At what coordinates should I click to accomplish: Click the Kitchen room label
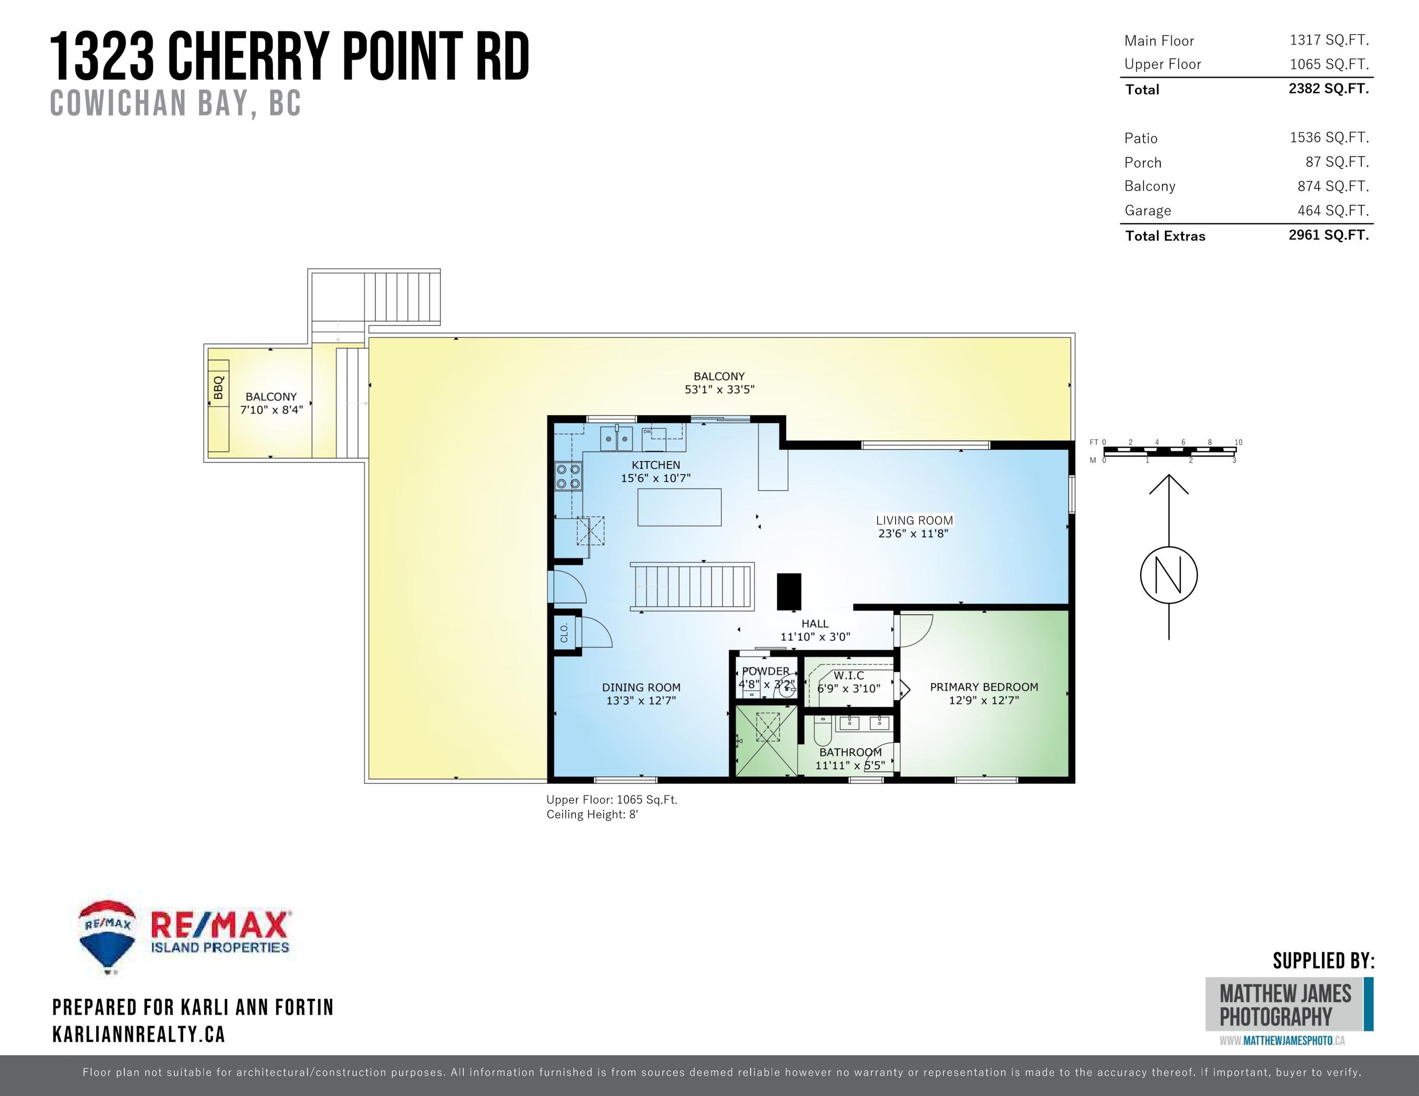click(x=656, y=465)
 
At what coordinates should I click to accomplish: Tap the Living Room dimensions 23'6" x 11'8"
click(x=913, y=534)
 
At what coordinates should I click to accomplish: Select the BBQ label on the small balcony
click(x=218, y=387)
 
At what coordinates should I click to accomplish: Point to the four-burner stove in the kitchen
click(x=568, y=476)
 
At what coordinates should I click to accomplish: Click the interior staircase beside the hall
click(x=692, y=586)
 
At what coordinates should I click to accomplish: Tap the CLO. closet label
click(x=564, y=632)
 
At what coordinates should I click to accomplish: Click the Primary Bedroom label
click(x=984, y=687)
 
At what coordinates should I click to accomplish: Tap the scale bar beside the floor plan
click(x=1170, y=449)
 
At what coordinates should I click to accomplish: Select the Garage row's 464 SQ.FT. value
click(x=1332, y=210)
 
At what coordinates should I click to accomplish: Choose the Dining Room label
click(x=640, y=687)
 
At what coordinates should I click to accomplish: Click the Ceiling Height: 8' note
click(x=592, y=815)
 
